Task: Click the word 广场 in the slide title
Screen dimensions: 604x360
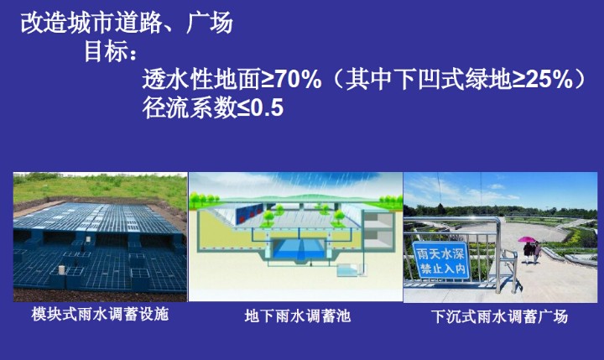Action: coord(210,23)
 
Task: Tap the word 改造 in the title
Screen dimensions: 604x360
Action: coord(44,23)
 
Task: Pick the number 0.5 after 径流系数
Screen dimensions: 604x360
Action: coord(267,107)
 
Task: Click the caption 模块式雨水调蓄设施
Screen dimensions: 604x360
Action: coord(100,314)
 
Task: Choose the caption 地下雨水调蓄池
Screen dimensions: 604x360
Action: coord(297,316)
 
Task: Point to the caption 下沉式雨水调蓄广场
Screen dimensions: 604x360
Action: coord(500,317)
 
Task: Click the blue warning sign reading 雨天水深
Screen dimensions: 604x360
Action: coord(440,260)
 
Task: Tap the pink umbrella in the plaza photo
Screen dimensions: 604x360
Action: coord(527,239)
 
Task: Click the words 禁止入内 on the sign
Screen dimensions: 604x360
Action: coord(442,269)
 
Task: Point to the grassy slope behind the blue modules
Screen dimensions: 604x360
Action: coord(100,189)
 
